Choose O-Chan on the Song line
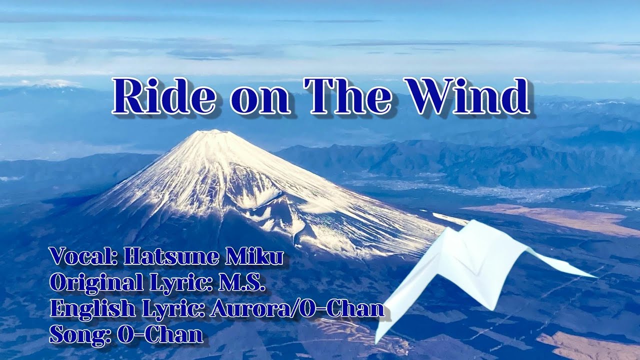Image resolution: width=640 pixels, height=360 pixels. pos(160,335)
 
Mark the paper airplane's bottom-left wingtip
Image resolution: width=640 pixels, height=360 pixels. pos(377,340)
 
